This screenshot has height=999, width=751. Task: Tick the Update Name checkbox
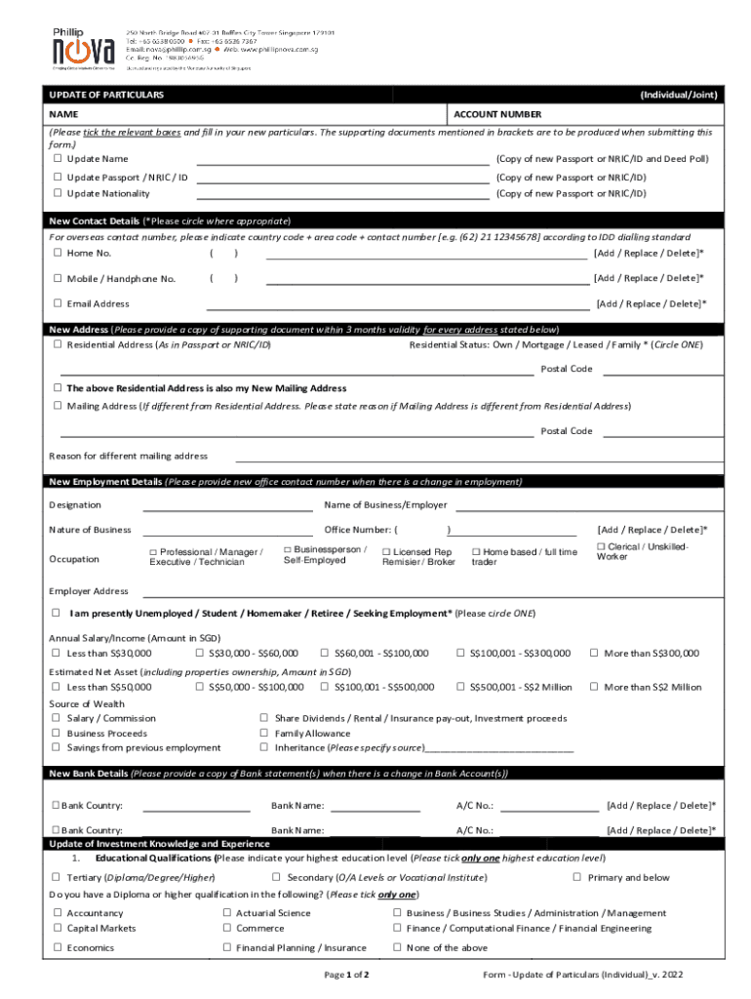(59, 159)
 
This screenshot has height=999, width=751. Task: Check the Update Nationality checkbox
(59, 194)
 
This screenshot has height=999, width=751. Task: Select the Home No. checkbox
(59, 254)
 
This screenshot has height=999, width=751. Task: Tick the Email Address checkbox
(59, 303)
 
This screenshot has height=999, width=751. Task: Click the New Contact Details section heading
(95, 220)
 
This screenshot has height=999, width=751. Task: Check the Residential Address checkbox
(59, 345)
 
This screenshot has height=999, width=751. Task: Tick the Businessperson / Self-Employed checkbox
(288, 550)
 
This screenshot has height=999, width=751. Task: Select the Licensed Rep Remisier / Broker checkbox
(387, 552)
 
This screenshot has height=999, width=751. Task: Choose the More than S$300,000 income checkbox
(593, 654)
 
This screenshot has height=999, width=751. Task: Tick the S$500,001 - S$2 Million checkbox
(461, 688)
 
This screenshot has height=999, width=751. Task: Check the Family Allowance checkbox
(264, 734)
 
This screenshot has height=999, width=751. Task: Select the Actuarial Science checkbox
(227, 914)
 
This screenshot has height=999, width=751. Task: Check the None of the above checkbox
(397, 948)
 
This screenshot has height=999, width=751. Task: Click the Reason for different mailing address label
(128, 457)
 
